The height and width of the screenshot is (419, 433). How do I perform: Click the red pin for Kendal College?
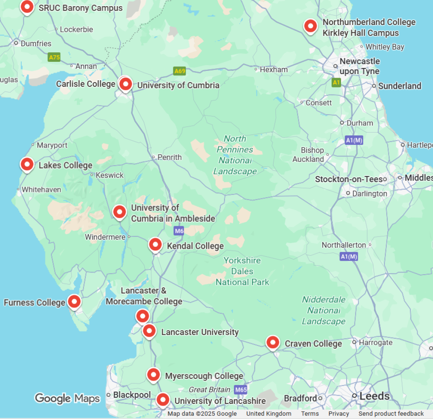tap(155, 244)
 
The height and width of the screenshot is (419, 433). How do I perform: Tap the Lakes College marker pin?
tap(27, 164)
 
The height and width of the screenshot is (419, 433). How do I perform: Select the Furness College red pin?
tap(74, 302)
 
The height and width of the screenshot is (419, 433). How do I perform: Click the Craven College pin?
tap(273, 342)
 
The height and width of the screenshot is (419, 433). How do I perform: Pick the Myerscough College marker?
tap(153, 374)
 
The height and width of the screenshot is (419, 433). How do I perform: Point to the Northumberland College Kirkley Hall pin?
tap(311, 26)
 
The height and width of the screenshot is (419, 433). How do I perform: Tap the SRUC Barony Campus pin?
tap(27, 7)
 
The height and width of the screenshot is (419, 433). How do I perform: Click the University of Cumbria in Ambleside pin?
tap(119, 212)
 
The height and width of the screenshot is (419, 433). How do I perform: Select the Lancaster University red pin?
tap(149, 331)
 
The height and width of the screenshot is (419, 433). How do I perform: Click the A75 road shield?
tap(54, 57)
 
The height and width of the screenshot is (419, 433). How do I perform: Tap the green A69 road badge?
tap(180, 71)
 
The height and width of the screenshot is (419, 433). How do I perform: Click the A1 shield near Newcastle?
tap(336, 82)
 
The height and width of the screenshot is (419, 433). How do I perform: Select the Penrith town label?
tap(169, 157)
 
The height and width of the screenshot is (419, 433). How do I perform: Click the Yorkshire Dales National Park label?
tap(242, 271)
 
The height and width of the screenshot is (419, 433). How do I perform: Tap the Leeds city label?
tap(375, 396)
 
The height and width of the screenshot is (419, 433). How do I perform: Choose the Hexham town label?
tap(274, 70)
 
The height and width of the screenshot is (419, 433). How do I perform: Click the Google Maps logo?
tap(67, 398)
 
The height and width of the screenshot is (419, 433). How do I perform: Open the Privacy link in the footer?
tap(339, 414)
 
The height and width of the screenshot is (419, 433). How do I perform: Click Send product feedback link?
tap(391, 414)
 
